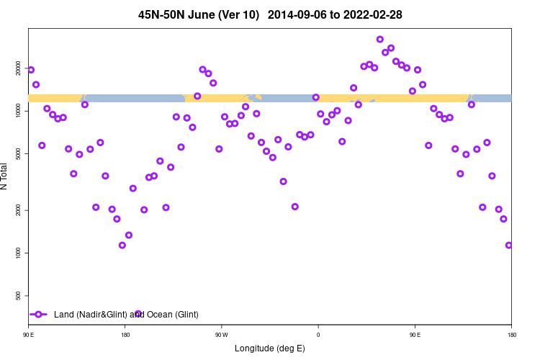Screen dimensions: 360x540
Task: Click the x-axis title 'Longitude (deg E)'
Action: (x=270, y=348)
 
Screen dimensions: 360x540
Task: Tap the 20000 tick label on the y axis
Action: (x=19, y=68)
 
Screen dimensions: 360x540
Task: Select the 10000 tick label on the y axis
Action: (x=19, y=111)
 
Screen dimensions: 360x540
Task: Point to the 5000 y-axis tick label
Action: (x=19, y=153)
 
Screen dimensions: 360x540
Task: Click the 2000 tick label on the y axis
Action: (x=19, y=210)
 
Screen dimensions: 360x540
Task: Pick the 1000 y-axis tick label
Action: (x=19, y=253)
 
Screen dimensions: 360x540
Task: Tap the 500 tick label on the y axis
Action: (x=19, y=295)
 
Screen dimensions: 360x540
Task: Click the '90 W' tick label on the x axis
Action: (x=221, y=335)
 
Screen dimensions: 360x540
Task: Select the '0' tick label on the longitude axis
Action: (x=318, y=335)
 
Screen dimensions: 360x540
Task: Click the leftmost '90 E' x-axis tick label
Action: (x=29, y=335)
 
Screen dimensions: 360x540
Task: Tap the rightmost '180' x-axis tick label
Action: (x=511, y=335)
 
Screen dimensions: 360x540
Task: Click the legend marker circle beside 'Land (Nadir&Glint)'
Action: (x=39, y=315)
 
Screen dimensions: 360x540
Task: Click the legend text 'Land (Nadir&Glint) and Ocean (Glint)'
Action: (x=126, y=315)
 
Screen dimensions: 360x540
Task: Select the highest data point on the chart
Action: (x=380, y=40)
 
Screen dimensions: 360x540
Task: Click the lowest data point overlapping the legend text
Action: (x=138, y=314)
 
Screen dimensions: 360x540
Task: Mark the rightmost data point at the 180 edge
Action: (x=509, y=245)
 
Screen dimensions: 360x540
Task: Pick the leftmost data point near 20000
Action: (x=31, y=70)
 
